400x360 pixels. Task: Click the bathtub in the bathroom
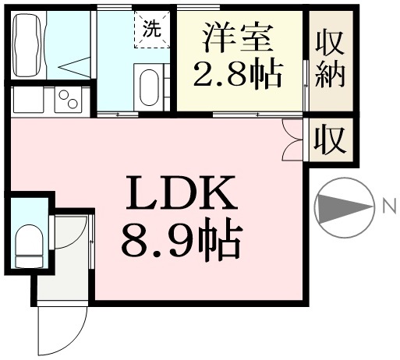coord(29,45)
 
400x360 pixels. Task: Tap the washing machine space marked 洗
coord(152,29)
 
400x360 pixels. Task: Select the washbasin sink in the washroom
coord(149,87)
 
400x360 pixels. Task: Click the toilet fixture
coord(29,245)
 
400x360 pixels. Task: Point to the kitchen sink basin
coord(28,100)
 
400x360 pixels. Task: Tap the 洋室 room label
coord(239,38)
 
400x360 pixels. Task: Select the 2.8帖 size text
coord(238,75)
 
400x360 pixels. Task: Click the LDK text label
coord(182,192)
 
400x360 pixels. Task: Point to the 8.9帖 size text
coord(182,239)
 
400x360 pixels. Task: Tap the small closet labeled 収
coord(330,139)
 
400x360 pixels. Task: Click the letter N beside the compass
coord(390,206)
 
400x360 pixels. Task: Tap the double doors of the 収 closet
coord(293,139)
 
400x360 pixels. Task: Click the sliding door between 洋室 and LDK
coord(257,115)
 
